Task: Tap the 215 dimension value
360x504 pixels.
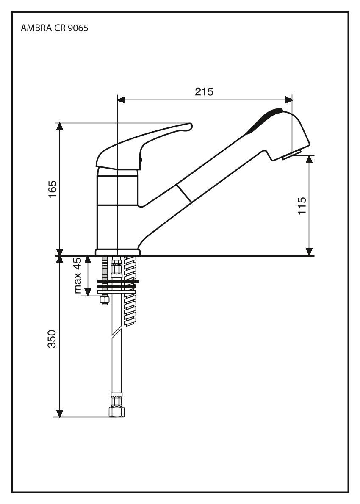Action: (204, 92)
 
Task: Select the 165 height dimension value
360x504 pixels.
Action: (53, 190)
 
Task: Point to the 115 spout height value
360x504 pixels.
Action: (302, 206)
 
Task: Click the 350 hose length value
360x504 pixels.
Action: (52, 339)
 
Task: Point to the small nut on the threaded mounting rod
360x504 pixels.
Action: (103, 300)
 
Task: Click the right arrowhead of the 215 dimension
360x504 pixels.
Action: (289, 100)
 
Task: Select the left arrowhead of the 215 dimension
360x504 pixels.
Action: (121, 100)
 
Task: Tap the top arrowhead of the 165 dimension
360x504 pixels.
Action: (60, 127)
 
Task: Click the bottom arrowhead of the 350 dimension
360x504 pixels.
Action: (60, 413)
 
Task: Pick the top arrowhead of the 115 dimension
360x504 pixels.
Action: (310, 159)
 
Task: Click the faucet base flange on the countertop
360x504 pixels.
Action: (117, 252)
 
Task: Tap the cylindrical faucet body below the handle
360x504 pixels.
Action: (117, 208)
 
